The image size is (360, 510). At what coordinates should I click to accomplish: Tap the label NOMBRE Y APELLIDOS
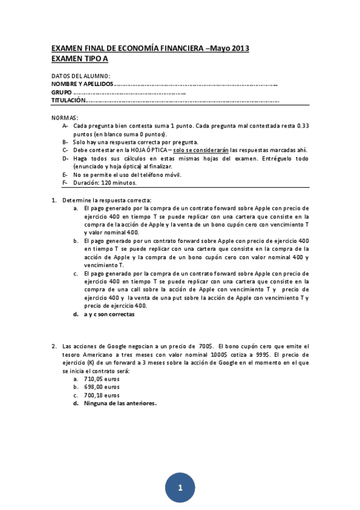coord(82,84)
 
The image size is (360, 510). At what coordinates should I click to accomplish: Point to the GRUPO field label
coord(61,93)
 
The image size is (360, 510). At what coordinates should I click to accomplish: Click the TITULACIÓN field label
coord(68,101)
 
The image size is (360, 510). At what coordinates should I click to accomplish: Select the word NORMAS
coord(65,118)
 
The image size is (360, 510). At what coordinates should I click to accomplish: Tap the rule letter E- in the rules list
coord(64,174)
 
